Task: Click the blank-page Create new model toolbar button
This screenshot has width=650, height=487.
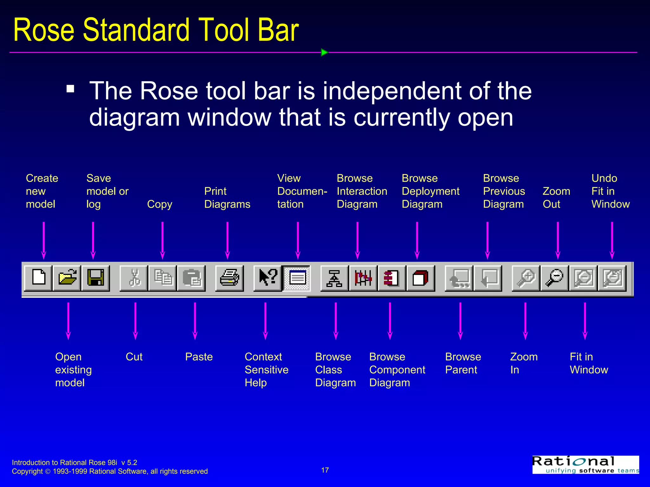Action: click(38, 278)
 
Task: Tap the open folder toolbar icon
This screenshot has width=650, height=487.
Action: click(67, 278)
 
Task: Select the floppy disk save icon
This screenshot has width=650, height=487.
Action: click(96, 278)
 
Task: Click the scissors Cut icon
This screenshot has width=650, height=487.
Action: click(134, 278)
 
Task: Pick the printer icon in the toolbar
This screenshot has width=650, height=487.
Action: click(229, 278)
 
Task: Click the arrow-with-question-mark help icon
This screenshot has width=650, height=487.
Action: click(268, 278)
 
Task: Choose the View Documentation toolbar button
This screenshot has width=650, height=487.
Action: click(297, 278)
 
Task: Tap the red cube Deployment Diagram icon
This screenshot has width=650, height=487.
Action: click(421, 278)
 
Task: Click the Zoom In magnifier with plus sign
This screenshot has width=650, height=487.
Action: click(526, 278)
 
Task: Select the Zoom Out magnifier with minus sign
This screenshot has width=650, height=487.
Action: click(554, 278)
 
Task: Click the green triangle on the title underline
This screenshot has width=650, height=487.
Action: click(324, 52)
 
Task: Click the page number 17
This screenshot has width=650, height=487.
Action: click(325, 470)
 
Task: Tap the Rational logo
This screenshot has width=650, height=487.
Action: click(585, 464)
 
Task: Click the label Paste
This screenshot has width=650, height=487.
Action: click(199, 357)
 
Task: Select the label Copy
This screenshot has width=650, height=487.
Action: click(159, 204)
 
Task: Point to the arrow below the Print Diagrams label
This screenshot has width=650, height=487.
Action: click(227, 240)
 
